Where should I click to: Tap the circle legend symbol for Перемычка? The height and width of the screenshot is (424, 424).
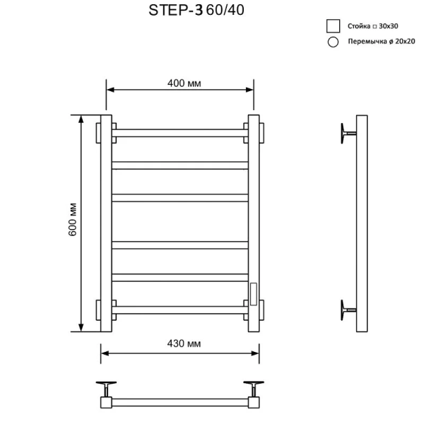(x=332, y=42)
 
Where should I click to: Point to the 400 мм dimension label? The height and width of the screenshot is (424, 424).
(x=184, y=83)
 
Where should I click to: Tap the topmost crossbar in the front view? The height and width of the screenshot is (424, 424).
(x=179, y=132)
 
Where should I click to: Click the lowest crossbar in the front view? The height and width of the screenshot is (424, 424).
(x=179, y=310)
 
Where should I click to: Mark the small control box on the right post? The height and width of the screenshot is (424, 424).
(x=252, y=291)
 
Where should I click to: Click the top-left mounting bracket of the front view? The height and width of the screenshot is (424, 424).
(x=100, y=133)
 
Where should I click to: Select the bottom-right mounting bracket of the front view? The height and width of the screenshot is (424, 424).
(x=260, y=310)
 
